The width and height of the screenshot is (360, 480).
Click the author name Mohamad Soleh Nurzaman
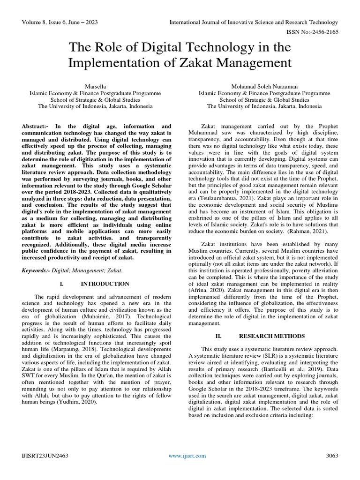coord(264,86)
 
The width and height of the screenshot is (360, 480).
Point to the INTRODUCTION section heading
coord(105,284)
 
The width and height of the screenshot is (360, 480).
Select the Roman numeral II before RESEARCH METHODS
coord(218,336)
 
